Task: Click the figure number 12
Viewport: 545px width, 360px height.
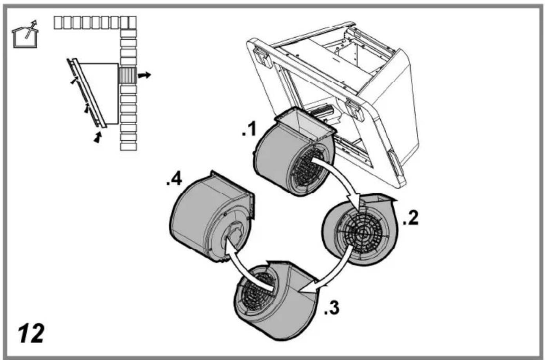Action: coord(31,333)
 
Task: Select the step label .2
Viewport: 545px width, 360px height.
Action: coord(411,218)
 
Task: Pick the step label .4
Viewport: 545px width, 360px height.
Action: coord(174,180)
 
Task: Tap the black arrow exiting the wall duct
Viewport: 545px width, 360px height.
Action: coord(144,75)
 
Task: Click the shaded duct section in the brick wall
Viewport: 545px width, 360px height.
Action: coord(127,75)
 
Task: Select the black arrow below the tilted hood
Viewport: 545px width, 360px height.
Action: coord(98,138)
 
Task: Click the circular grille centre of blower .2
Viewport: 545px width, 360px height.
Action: coord(363,234)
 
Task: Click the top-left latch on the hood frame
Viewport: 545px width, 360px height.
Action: coord(262,57)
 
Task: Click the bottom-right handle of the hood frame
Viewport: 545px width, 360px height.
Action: coord(396,164)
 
